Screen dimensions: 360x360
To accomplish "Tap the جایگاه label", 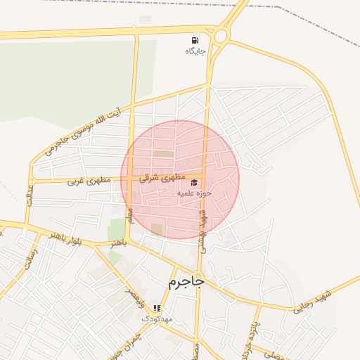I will [195, 51].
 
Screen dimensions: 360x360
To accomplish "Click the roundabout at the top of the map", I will [222, 34].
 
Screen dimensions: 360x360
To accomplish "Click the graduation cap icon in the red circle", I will [193, 183].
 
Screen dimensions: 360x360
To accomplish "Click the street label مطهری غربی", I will [90, 181].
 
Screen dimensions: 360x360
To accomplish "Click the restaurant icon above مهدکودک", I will [157, 308].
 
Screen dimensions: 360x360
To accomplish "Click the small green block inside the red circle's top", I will [162, 153].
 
